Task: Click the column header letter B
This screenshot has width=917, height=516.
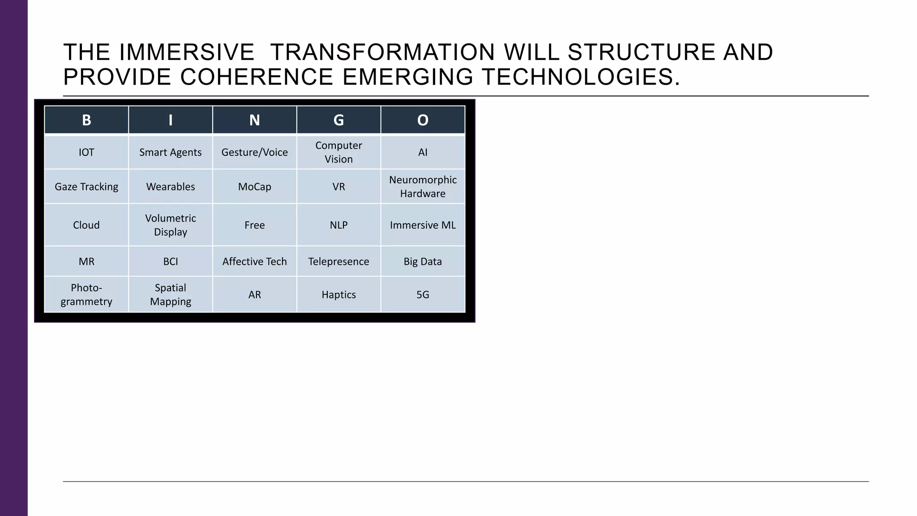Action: tap(86, 120)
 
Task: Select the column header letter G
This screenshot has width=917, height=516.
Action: tap(339, 120)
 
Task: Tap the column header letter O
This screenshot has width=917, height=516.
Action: tap(423, 120)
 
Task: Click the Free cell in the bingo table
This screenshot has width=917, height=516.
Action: tap(254, 225)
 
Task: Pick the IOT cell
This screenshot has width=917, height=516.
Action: tap(86, 152)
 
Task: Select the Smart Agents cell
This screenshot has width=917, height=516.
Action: tap(170, 152)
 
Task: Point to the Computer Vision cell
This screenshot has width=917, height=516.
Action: tap(339, 152)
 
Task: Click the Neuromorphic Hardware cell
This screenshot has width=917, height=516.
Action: tap(423, 186)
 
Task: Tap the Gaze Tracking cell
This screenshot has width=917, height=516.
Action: tap(86, 187)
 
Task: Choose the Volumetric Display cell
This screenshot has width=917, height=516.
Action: tap(170, 225)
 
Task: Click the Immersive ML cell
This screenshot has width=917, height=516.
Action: tap(423, 225)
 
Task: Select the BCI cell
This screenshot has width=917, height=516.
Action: tap(170, 262)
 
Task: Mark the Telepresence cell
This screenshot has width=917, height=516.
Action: tap(339, 262)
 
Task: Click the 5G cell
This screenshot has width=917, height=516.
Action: tap(423, 295)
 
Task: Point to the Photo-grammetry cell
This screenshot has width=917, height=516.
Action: tap(86, 295)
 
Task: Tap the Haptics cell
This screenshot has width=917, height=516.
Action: tap(339, 295)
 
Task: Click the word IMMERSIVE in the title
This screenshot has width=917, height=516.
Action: tap(187, 52)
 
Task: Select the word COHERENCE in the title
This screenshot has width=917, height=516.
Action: tap(257, 77)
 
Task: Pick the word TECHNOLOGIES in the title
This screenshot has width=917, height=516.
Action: tap(581, 77)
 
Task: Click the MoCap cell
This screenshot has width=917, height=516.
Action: tap(254, 187)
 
